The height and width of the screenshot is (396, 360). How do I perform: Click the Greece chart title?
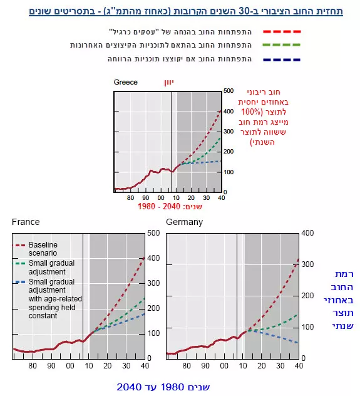pos(126,82)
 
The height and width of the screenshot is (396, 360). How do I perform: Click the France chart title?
pos(26,222)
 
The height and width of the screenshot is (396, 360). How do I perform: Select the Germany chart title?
pos(185,222)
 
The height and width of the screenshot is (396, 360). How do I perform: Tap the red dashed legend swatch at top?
pos(282,31)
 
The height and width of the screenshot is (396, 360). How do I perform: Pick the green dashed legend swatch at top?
pos(282,44)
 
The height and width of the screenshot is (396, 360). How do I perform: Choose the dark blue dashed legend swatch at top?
pos(282,60)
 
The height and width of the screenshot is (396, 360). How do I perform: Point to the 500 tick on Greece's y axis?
pos(229,91)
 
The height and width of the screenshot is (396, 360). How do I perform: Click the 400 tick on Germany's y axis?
pos(307,233)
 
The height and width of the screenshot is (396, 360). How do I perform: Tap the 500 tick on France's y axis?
pos(153,233)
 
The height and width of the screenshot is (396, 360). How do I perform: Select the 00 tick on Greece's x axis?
pos(161,198)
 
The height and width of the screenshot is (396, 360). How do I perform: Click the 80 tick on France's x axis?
pos(33,365)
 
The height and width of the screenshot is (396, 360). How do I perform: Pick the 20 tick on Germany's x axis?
pos(262,365)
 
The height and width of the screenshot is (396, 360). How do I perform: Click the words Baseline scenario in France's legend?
pos(43,249)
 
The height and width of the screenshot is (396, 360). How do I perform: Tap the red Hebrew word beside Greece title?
pos(169,82)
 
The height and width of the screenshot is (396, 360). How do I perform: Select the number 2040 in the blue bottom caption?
pos(129,387)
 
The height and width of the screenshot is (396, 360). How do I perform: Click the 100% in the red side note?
pos(250,112)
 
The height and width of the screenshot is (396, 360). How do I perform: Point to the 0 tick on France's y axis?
pos(150,358)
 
